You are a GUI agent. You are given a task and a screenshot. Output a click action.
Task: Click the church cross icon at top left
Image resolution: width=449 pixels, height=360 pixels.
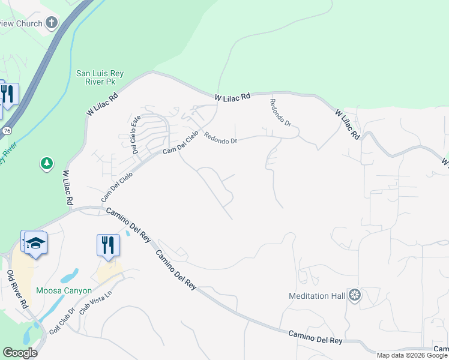coord(52,23)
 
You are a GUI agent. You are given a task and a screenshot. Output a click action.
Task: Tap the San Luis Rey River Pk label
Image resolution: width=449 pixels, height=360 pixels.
coord(100,78)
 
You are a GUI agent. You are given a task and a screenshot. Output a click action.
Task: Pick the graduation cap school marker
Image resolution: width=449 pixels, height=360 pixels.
coord(35,244)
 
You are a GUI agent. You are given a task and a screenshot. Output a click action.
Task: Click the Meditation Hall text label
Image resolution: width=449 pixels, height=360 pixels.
coord(317,296)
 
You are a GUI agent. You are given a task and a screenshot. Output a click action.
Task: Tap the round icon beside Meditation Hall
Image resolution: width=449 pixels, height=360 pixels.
coord(355,296)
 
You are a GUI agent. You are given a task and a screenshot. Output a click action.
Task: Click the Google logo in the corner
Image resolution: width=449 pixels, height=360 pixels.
coord(20,353)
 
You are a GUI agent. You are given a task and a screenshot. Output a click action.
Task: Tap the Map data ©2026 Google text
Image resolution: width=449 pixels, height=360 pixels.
coord(412,355)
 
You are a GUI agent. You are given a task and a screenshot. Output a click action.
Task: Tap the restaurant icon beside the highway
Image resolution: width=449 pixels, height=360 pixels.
coord(7,94)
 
